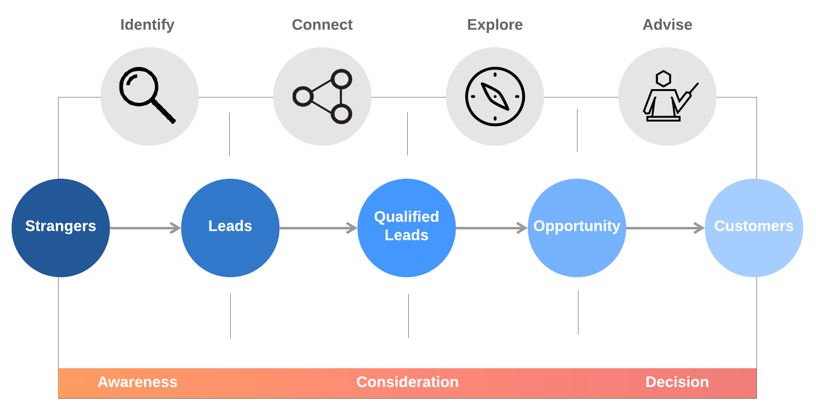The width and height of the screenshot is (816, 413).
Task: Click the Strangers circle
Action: coord(60,228)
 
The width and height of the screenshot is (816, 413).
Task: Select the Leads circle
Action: coord(230,228)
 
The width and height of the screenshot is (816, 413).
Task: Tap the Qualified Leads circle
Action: coord(406,228)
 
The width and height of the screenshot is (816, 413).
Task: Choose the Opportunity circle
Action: coord(576,228)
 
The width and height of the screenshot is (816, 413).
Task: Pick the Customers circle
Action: coord(754,228)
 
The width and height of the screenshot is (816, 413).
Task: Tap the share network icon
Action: coord(323,96)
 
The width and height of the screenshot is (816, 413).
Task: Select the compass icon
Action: coord(495,96)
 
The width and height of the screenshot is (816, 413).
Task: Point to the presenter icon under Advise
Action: coord(667,96)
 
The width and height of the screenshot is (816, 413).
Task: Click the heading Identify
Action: coord(147,25)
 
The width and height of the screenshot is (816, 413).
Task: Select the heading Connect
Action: coord(322,25)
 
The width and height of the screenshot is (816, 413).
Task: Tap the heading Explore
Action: coord(495,25)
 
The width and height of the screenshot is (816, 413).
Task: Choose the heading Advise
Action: coord(667,25)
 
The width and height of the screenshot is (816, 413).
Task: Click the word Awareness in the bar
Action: coord(137,382)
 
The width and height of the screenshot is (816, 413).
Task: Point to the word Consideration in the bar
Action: coord(407,382)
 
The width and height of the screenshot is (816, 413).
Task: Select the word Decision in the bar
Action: coord(677,382)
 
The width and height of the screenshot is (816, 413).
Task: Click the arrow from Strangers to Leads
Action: coord(145,228)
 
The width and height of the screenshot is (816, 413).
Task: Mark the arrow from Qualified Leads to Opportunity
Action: coord(491,228)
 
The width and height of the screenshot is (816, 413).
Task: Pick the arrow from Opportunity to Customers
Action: coord(665,228)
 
